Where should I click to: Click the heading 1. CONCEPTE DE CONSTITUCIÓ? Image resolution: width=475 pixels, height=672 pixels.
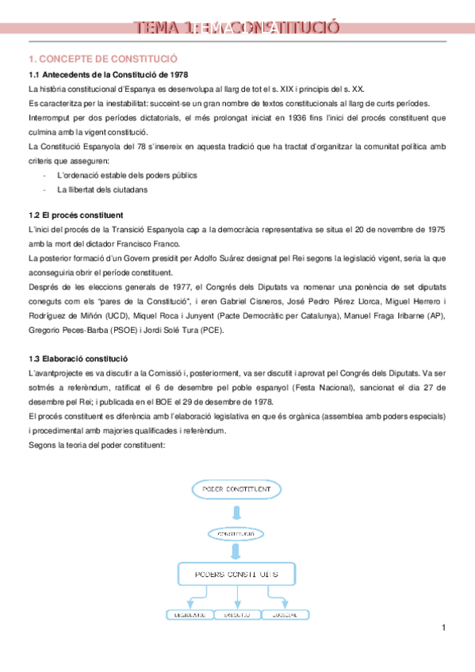(103, 59)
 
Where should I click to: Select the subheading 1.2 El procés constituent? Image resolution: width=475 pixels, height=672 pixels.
(75, 216)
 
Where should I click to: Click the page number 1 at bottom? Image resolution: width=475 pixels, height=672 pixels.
(444, 628)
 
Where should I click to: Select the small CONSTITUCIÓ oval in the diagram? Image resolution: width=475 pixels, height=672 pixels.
(236, 534)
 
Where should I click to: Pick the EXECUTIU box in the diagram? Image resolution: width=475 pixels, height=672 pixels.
(237, 615)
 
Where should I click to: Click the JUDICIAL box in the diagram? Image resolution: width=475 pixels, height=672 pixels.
(285, 615)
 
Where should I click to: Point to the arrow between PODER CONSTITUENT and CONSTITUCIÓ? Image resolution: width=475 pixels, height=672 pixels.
(236, 514)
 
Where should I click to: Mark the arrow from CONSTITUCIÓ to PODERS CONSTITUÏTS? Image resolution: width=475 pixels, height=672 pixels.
(236, 552)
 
